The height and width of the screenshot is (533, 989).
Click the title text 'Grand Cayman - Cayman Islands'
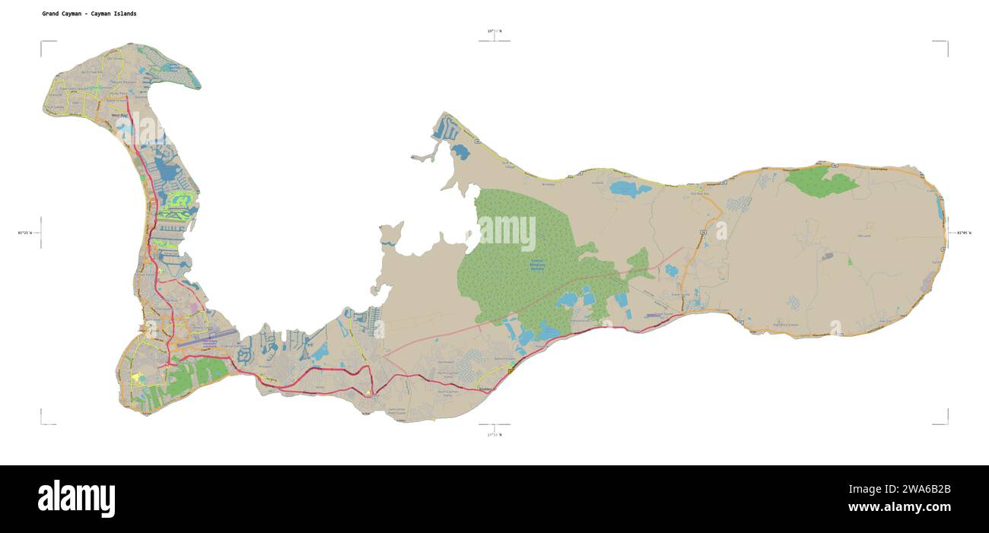[x=90, y=14]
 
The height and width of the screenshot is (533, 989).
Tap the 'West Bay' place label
[x=119, y=116]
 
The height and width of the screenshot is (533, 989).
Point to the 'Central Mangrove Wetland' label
[x=538, y=264]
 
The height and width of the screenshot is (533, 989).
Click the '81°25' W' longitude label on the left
[x=25, y=232]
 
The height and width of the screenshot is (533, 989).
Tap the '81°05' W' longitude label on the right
[x=964, y=232]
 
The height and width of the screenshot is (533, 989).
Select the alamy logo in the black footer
[x=76, y=499]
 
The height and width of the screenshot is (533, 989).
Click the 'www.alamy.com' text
[x=898, y=507]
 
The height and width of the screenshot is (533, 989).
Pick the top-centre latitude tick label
[x=494, y=31]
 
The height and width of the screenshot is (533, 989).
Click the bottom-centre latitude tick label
[x=494, y=434]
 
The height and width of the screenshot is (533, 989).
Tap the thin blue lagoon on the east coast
[x=940, y=205]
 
